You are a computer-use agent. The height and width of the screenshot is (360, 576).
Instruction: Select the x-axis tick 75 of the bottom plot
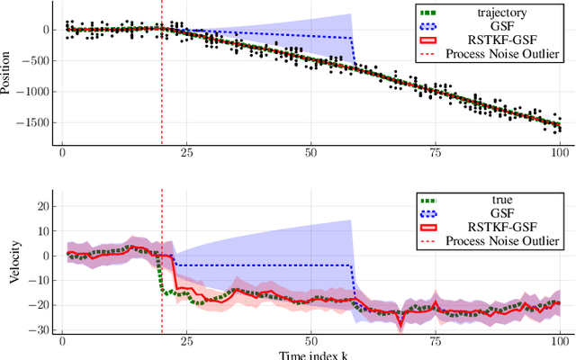click(x=435, y=343)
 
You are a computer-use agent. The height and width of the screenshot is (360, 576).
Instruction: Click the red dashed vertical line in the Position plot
click(x=162, y=90)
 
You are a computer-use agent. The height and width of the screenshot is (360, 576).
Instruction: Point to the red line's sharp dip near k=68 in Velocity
click(x=400, y=327)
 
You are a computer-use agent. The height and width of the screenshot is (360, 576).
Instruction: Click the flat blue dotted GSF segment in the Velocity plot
click(x=261, y=265)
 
